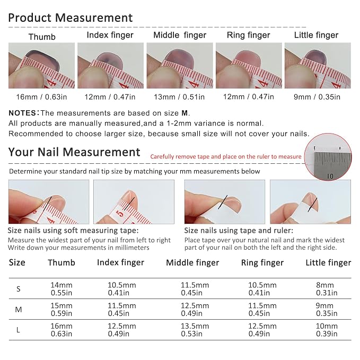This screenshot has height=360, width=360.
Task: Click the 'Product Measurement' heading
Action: pyautogui.click(x=71, y=17)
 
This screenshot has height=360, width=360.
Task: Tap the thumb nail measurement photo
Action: pyautogui.click(x=41, y=65)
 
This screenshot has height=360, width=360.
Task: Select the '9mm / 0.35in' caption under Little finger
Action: pyautogui.click(x=317, y=97)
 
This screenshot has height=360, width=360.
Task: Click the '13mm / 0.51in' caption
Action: pyautogui.click(x=179, y=97)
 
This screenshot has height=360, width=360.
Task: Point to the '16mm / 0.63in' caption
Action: pyautogui.click(x=41, y=97)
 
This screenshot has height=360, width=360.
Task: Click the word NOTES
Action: pyautogui.click(x=22, y=113)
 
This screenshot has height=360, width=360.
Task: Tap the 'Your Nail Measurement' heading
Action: pyautogui.click(x=74, y=152)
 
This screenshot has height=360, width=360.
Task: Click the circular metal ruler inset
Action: pyautogui.click(x=328, y=157)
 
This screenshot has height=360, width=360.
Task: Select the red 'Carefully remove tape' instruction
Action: pyautogui.click(x=226, y=156)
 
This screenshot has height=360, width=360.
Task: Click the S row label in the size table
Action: pyautogui.click(x=19, y=289)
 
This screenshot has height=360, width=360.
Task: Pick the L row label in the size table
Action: pyautogui.click(x=18, y=330)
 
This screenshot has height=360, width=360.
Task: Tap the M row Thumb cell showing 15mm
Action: pyautogui.click(x=62, y=310)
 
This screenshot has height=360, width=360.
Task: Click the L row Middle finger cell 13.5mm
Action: pyautogui.click(x=195, y=330)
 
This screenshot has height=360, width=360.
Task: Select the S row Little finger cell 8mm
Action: pyautogui.click(x=327, y=289)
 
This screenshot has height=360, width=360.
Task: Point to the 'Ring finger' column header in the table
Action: pyautogui.click(x=262, y=262)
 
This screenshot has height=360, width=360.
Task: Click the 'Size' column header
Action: pyautogui.click(x=17, y=262)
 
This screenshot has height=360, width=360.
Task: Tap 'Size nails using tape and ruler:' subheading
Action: pyautogui.click(x=239, y=231)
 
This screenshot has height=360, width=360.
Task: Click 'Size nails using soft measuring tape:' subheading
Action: pyautogui.click(x=73, y=231)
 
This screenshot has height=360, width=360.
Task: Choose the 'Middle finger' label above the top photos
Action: pyautogui.click(x=180, y=35)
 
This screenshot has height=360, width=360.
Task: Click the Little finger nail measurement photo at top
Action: pyautogui.click(x=318, y=65)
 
